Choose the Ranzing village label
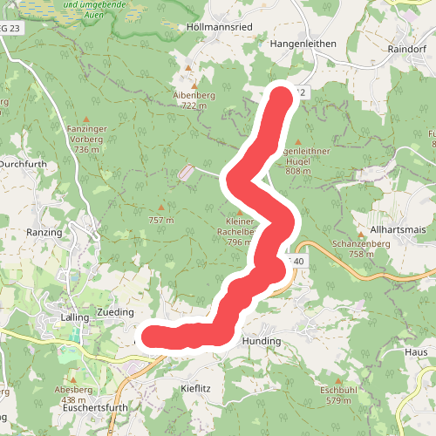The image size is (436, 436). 44,233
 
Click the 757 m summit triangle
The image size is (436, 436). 160,208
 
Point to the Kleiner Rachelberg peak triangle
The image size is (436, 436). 240,212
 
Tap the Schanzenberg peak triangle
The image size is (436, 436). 361,234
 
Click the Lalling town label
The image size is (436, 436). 76,317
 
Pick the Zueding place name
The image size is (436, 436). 115,311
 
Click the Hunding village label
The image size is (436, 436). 262,341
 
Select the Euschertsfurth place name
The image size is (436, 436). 96,407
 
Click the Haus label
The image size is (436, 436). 416,351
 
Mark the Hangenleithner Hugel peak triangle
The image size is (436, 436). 298,141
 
